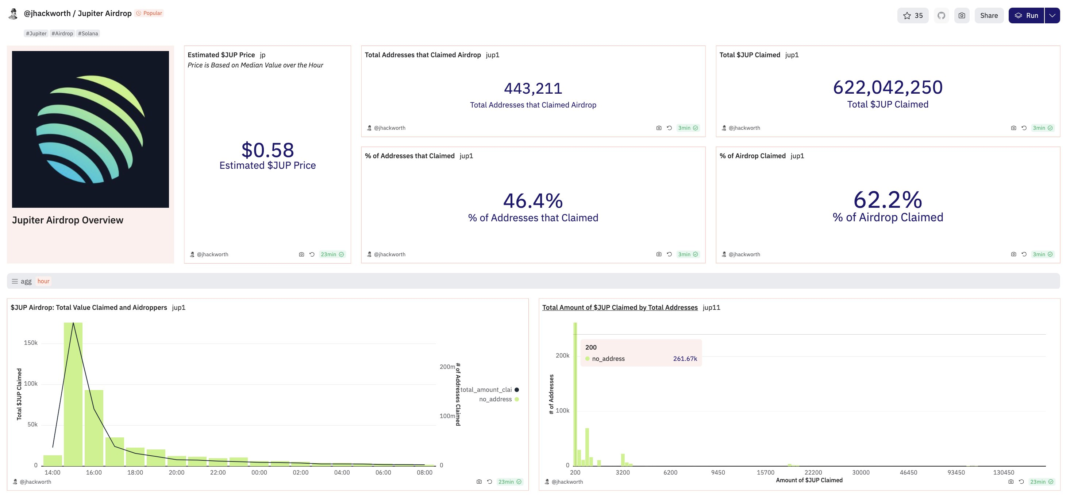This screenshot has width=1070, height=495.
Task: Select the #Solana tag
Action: point(88,34)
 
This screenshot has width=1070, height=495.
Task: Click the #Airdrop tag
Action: point(62,34)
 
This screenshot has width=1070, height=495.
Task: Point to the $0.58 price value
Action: point(267,150)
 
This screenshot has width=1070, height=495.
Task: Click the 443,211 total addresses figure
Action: point(533,88)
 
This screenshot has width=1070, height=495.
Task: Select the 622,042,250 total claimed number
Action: point(888,87)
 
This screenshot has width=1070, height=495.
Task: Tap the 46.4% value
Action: point(533,201)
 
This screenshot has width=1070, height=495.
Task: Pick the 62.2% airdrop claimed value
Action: point(888,200)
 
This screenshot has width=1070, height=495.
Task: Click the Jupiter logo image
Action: point(91,129)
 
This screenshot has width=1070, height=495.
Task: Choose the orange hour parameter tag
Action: point(43,281)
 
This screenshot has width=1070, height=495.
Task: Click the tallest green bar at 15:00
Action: point(73,394)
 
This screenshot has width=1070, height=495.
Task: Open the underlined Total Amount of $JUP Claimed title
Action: point(620,307)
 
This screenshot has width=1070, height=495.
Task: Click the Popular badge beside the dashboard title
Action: point(150,13)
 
